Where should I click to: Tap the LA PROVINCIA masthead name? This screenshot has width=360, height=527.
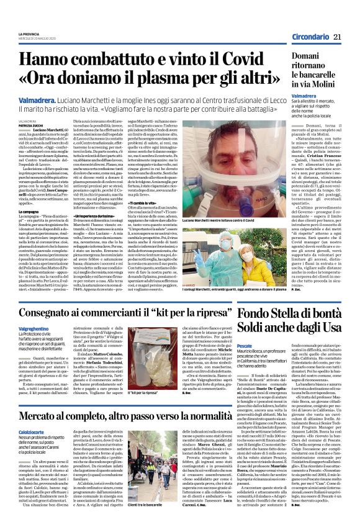pos(29,34)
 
